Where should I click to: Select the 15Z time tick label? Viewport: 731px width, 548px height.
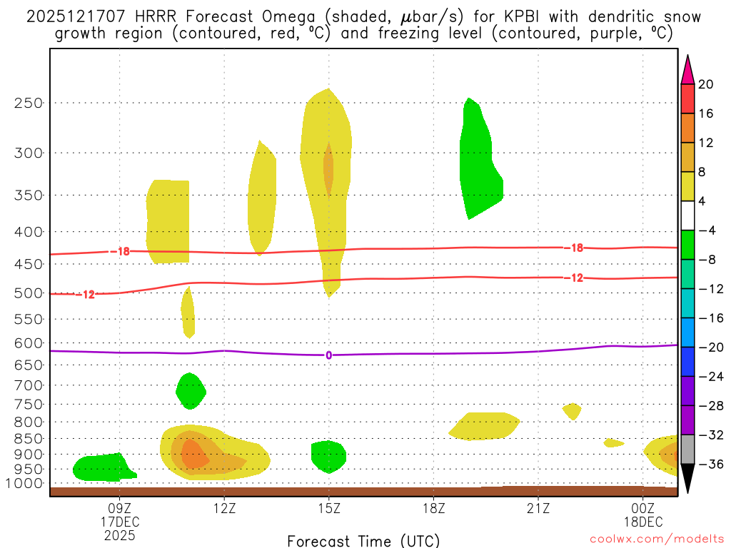[x=329, y=509]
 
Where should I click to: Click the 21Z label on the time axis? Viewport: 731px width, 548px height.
[x=538, y=509]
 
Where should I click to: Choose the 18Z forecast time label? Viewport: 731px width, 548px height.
[x=434, y=509]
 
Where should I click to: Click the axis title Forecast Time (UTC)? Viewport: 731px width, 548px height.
[x=363, y=540]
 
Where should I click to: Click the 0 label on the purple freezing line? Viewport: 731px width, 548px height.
[x=328, y=355]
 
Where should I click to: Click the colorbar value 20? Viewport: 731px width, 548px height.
[x=706, y=84]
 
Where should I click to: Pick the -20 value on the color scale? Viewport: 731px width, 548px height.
[x=707, y=347]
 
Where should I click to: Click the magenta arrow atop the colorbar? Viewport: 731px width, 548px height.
[x=687, y=69]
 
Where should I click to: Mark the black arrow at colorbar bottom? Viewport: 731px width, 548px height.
[x=687, y=478]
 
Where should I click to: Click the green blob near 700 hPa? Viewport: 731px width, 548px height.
[x=191, y=390]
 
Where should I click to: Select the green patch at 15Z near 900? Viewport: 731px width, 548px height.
[x=328, y=455]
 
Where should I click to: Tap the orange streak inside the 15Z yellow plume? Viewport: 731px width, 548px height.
[x=328, y=167]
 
